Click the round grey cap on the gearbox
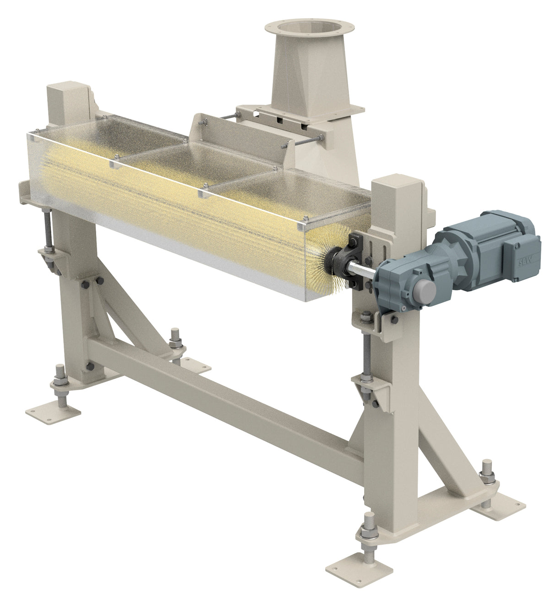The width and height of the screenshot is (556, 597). (425, 290)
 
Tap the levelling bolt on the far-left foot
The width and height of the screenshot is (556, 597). (60, 383)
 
